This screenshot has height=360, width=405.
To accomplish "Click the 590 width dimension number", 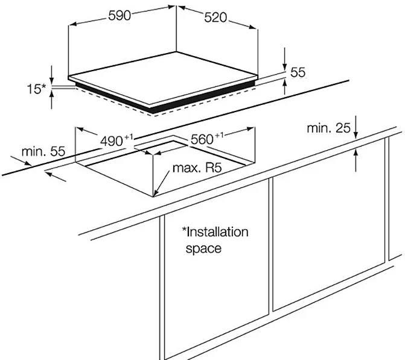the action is [x=120, y=16].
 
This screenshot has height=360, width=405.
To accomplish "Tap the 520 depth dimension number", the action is [x=215, y=18].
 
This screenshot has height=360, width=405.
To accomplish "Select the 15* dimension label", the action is [x=36, y=89].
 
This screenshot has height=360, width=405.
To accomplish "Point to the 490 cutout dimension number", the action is [x=112, y=141].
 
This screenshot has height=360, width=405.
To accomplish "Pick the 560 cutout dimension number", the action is [x=202, y=140].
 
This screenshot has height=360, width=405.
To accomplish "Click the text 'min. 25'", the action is [x=328, y=128].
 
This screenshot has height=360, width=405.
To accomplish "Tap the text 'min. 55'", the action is [x=43, y=151].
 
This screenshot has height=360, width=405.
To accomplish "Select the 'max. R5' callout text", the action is [x=197, y=168].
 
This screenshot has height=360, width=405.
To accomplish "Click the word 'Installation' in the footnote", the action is [x=215, y=232].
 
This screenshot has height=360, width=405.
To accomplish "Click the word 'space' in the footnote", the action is [x=203, y=248].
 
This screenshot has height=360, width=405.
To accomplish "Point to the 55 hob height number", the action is [x=298, y=72].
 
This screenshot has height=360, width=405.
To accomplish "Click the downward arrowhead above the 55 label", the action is [x=285, y=66].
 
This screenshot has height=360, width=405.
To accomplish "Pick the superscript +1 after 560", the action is [x=218, y=135].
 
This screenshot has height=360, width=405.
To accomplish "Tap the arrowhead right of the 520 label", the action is [x=252, y=27].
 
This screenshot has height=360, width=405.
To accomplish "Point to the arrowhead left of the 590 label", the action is [x=74, y=24].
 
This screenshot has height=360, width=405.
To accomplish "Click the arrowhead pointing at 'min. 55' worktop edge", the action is [x=28, y=163].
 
